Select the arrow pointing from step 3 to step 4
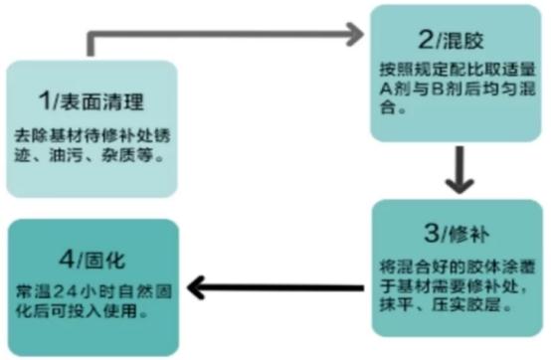277,288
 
